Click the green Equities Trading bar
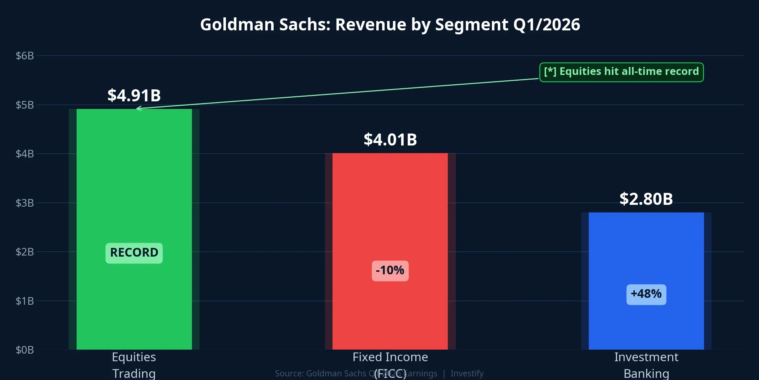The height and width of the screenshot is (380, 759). pos(134,181)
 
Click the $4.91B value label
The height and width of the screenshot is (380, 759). pos(134,96)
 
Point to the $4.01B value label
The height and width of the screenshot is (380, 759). pos(390,140)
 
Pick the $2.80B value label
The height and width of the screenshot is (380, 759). pos(646,199)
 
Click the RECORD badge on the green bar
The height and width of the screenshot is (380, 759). pos(134,253)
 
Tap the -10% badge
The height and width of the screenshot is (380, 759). pos(390,270)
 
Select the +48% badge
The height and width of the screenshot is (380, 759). pos(646,294)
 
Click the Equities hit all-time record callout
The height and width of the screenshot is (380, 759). pos(621,72)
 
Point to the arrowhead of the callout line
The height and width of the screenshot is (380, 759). pos(138,108)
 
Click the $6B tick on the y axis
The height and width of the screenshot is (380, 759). pos(25,56)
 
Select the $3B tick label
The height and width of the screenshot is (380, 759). pos(25,203)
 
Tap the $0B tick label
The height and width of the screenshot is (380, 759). pos(25,350)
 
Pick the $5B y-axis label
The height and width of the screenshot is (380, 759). pos(25,105)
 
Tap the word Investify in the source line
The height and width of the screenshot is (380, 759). pos(467,373)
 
